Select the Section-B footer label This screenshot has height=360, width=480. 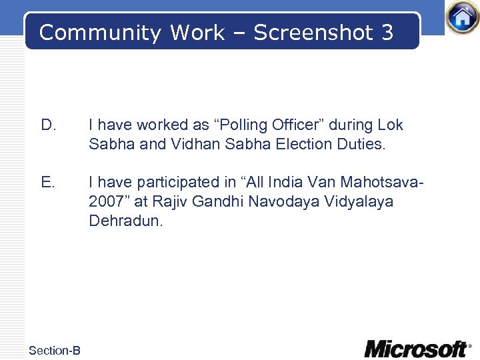[x=55, y=350]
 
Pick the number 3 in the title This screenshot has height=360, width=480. [x=388, y=33]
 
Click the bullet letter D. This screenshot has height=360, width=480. [x=48, y=125]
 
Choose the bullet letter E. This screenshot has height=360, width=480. [x=48, y=182]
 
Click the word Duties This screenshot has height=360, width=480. [x=361, y=143]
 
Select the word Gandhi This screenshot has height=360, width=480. [x=215, y=201]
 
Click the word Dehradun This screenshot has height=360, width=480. [x=125, y=221]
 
